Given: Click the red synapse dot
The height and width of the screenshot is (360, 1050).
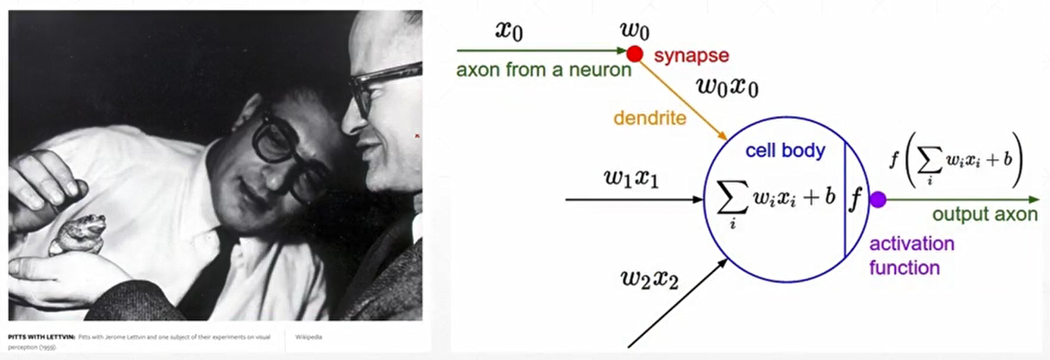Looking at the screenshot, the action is coord(635,53).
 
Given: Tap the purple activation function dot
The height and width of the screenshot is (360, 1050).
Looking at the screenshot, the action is coord(877,200).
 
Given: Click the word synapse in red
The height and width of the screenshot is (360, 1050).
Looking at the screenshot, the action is coord(691,55).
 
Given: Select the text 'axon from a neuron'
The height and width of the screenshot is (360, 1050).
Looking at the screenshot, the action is coord(544,71).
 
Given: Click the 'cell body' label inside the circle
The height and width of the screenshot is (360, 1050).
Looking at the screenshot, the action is coord(785,151).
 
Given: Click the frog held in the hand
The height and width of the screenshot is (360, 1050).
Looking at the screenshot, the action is coord(81,232).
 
